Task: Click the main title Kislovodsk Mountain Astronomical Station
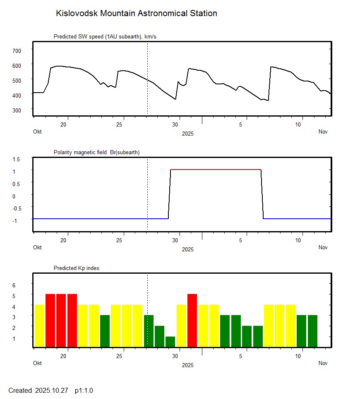[x=136, y=14]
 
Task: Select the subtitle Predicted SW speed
[x=105, y=37]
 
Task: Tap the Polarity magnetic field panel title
[x=96, y=153]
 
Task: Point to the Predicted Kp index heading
[x=77, y=268]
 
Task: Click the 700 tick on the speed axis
[x=17, y=50]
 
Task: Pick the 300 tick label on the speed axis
[x=17, y=110]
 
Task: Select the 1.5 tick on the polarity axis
[x=17, y=159]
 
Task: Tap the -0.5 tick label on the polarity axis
[x=16, y=208]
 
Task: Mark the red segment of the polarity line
[x=216, y=170]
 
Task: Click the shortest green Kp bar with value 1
[x=170, y=342]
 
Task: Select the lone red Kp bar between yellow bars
[x=192, y=320]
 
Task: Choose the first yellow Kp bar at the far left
[x=40, y=325]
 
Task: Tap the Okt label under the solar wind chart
[x=37, y=132]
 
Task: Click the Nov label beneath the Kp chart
[x=323, y=363]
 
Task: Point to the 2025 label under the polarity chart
[x=187, y=249]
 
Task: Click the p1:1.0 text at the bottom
[x=84, y=390]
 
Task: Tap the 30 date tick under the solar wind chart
[x=175, y=124]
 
